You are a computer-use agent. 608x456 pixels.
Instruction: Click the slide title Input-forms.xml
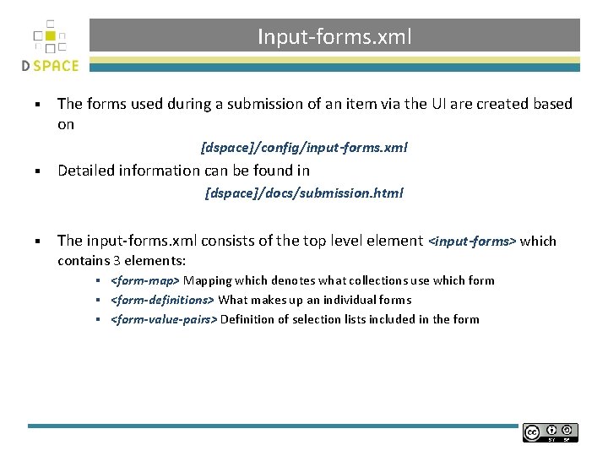coord(334,36)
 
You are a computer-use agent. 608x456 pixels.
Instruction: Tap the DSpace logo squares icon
coord(50,38)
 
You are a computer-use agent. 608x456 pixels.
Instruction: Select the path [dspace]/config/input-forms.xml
coord(304,148)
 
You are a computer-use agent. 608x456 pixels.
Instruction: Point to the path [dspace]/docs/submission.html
coord(304,193)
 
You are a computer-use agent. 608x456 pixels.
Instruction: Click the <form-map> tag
coord(145,280)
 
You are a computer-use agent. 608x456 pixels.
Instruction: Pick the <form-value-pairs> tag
coord(165,319)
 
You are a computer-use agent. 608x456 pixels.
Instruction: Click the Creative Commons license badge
coord(550,432)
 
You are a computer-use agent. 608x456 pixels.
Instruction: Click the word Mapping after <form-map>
coord(208,280)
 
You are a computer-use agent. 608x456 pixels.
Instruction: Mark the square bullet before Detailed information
coord(38,171)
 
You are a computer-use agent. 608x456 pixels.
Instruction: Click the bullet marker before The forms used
coord(38,105)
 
